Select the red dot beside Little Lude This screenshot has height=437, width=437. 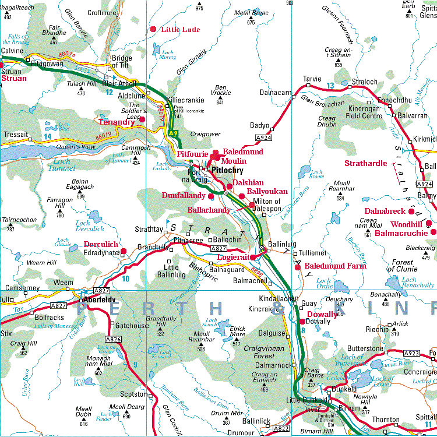point(154,29)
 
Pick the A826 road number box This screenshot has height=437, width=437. point(113,339)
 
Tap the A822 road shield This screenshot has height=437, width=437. point(281,429)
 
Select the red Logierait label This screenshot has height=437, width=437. point(232,257)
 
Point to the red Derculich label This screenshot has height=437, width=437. point(101,244)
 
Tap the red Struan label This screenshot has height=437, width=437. point(13,77)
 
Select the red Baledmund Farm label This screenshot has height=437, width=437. point(336,266)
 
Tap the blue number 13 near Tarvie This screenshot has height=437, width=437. point(330,86)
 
